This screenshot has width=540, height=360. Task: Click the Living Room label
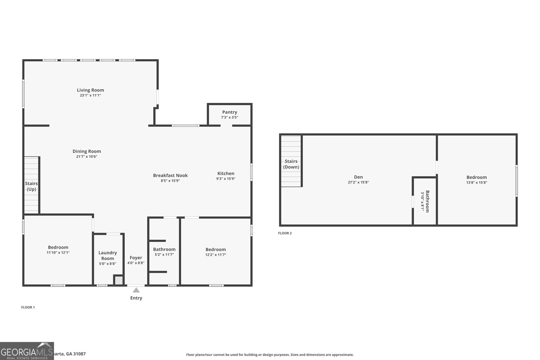[90, 90]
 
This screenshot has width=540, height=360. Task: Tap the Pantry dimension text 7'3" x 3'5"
[230, 117]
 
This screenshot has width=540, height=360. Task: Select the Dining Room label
[87, 151]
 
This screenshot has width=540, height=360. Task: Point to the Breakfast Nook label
[170, 175]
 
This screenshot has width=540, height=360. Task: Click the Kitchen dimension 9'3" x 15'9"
[226, 179]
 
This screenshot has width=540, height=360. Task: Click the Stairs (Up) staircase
[31, 186]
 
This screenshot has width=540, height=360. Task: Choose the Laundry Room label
[108, 255]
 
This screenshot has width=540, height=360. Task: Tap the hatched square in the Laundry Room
[118, 280]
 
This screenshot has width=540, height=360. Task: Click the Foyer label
[136, 258]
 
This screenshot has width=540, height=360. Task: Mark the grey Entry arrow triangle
[136, 290]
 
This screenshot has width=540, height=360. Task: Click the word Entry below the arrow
[136, 298]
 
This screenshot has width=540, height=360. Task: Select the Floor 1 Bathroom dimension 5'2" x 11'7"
[164, 255]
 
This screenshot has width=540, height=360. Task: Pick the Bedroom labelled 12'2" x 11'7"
[216, 250]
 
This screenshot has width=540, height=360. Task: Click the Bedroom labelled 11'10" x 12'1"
[58, 247]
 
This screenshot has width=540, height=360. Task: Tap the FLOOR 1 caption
[28, 307]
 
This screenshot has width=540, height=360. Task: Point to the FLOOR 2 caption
[285, 233]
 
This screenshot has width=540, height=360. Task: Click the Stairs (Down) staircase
[291, 161]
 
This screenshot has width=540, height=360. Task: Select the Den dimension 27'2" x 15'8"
[358, 183]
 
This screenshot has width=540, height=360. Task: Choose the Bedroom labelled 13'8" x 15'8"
[477, 177]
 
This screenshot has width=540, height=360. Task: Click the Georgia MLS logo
[27, 351]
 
